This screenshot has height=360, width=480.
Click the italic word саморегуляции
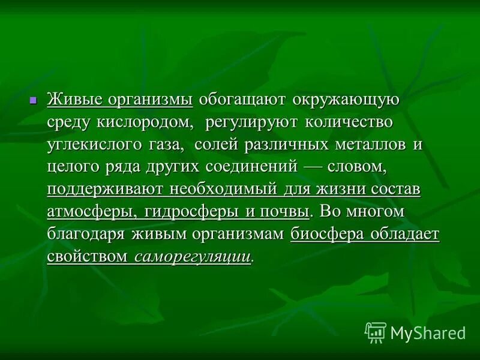pyautogui.click(x=192, y=257)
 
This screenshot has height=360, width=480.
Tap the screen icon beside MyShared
pyautogui.click(x=376, y=332)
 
